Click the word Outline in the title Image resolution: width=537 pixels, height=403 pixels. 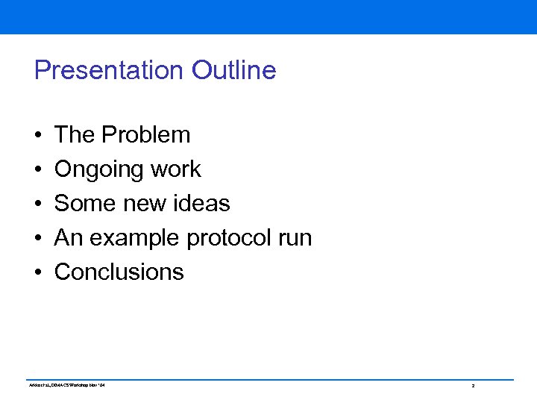[234, 70]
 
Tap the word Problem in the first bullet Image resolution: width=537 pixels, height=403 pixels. [146, 134]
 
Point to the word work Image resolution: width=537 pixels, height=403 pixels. [176, 169]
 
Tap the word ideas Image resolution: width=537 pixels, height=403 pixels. [203, 203]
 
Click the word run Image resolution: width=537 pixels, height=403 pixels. [298, 239]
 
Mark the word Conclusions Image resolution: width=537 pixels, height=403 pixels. [119, 272]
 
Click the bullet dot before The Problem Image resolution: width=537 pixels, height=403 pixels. [37, 136]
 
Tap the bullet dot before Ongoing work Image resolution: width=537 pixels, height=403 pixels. [37, 170]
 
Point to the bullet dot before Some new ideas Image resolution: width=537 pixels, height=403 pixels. [37, 204]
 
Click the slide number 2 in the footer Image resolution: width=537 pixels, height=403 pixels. [473, 386]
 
